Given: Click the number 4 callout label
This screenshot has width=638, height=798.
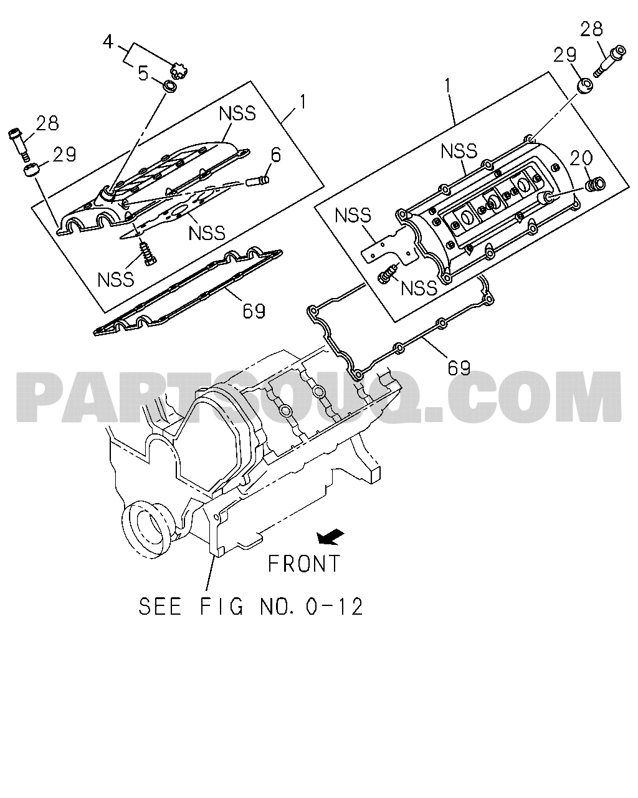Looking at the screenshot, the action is point(108,42).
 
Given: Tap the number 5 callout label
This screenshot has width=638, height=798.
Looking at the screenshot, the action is point(143,74).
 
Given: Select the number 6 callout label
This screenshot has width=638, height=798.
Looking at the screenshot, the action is point(276,155).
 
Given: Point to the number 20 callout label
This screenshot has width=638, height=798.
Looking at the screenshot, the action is point(581,158).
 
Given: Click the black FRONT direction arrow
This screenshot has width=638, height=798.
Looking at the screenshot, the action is point(330,537).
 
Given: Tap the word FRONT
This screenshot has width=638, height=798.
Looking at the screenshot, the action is point(304,564).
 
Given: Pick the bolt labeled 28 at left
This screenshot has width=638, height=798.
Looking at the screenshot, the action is point(19,145).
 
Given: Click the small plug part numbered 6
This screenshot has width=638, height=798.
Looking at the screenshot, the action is point(257,181).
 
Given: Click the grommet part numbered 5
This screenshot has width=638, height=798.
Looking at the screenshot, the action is point(170,87).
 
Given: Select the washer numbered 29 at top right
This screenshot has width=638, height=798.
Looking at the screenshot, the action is point(584,85).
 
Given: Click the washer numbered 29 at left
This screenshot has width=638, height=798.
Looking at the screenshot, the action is point(32,171).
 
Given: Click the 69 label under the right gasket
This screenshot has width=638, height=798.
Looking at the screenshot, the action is point(459,367).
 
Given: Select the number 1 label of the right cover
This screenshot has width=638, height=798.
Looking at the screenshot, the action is point(447,87).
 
